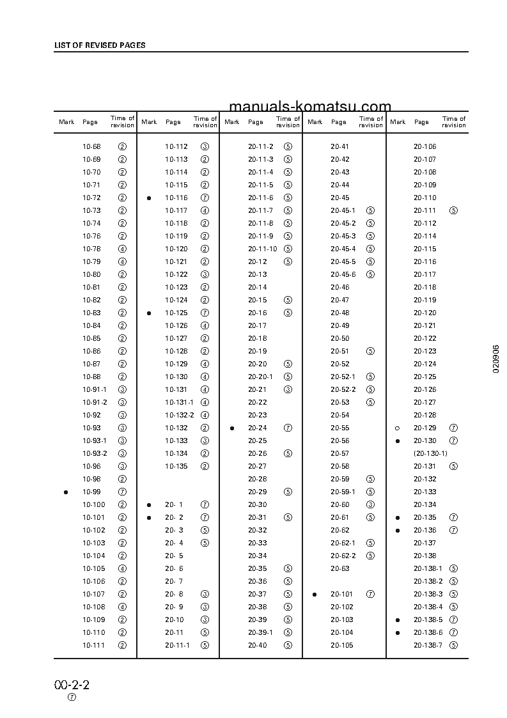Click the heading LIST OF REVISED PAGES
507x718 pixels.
coord(99,45)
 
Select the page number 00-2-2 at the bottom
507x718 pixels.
coord(72,685)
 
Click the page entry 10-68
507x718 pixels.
coord(91,146)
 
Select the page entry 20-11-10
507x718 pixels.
coord(263,249)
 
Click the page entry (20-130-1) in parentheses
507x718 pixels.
coord(430,453)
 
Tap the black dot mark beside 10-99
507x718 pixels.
coord(66,492)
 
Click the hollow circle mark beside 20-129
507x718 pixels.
coord(398,428)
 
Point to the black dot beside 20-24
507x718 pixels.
coord(232,428)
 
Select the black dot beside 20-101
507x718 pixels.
coord(315,594)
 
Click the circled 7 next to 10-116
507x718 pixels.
coord(205,198)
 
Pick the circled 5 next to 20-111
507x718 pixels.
coord(454,210)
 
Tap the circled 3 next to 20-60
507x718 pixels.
coord(371,504)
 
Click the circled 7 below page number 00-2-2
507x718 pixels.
coord(72,698)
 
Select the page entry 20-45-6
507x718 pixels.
coord(343,274)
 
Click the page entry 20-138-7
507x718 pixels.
coord(428,645)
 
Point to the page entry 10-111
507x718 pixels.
coord(93,645)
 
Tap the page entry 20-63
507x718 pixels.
coord(340,568)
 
